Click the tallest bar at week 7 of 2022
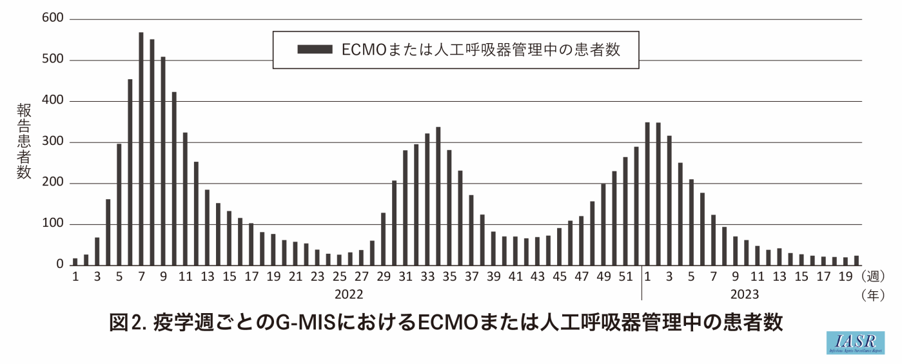point(141,148)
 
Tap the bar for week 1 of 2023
point(647,193)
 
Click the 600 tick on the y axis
point(54,19)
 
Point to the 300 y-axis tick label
point(54,142)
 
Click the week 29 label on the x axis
point(384,278)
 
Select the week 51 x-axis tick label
point(625,278)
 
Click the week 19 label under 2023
point(845,278)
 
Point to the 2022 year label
point(348,294)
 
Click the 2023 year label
point(744,294)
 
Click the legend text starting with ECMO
point(480,50)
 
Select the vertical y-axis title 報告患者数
point(24,142)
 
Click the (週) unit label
point(873,277)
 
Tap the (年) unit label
point(873,295)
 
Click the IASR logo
point(855,343)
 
